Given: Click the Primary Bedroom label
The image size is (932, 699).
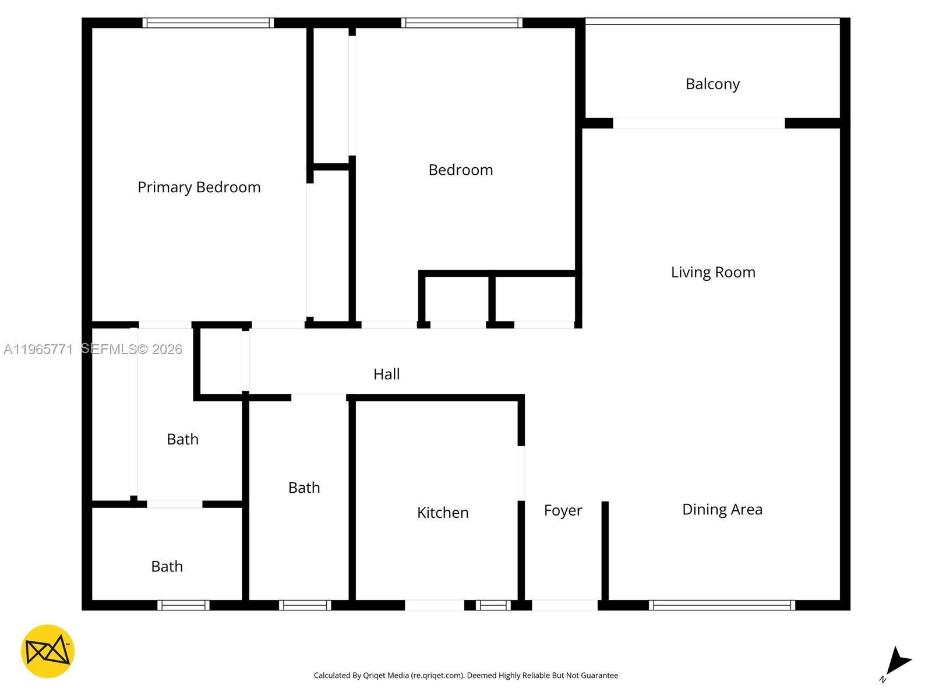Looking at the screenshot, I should (x=199, y=187).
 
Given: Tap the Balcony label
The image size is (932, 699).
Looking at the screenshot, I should (x=712, y=84).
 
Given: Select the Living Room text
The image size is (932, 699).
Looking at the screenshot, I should (x=713, y=272).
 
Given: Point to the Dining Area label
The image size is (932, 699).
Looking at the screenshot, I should (x=722, y=510).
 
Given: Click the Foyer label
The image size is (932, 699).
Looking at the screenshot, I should (x=563, y=511).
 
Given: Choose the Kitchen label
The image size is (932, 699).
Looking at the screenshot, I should (x=443, y=513).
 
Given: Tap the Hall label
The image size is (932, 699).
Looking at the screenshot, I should (x=386, y=374).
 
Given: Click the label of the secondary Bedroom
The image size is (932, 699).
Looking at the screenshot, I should (x=460, y=170).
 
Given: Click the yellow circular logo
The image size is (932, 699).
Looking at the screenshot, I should (x=48, y=651).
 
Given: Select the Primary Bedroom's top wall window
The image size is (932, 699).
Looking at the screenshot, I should (x=208, y=23).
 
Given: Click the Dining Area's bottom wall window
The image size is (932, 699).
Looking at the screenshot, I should (x=722, y=605).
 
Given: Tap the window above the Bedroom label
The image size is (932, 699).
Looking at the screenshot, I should (x=461, y=23).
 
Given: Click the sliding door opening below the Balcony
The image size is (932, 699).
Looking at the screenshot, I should (x=698, y=123).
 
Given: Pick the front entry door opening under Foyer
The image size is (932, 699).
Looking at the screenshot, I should (x=564, y=605).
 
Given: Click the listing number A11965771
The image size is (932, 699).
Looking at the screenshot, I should (x=38, y=349).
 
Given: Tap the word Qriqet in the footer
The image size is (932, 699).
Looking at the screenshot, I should (x=375, y=676).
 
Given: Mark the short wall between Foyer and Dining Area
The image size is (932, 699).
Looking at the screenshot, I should (x=605, y=550).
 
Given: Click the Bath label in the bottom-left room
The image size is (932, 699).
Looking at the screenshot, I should (x=167, y=567).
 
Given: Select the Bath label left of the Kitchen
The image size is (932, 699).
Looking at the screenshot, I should (x=304, y=488).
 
